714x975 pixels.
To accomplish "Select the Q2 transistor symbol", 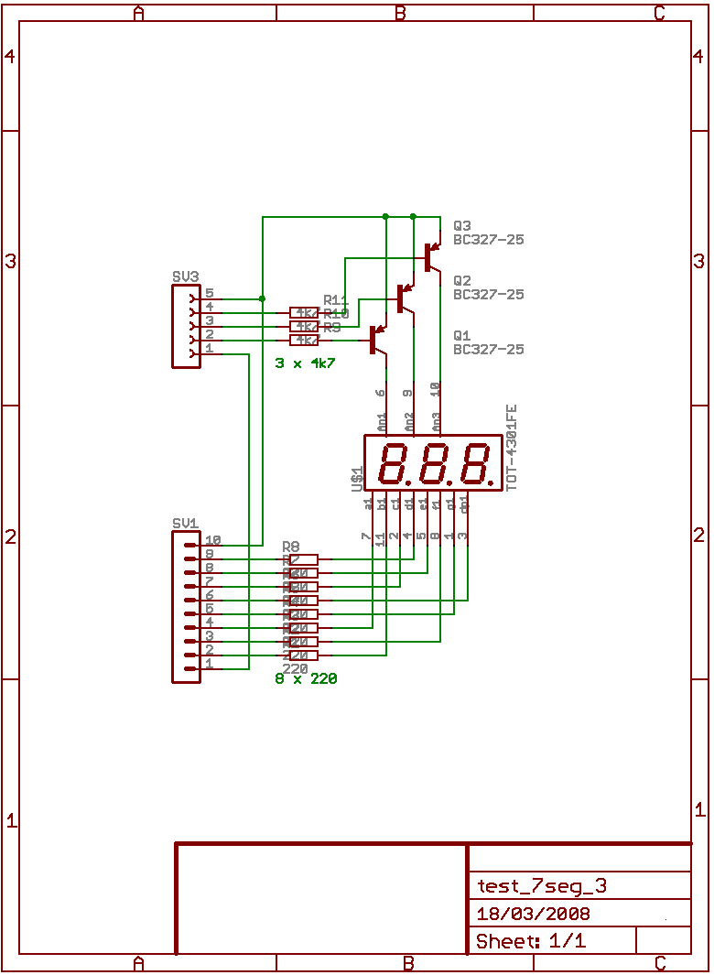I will pyautogui.click(x=403, y=297).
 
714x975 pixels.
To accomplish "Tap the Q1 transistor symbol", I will pyautogui.click(x=376, y=340).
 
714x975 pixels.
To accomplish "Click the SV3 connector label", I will pyautogui.click(x=185, y=276).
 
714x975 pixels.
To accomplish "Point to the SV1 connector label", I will pyautogui.click(x=185, y=523).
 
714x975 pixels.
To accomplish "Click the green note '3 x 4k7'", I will pyautogui.click(x=305, y=363).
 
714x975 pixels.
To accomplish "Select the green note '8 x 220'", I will pyautogui.click(x=306, y=678).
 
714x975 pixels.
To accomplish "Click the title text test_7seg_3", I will pyautogui.click(x=541, y=885).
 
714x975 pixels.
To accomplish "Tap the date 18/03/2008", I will pyautogui.click(x=533, y=914).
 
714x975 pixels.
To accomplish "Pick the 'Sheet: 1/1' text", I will pyautogui.click(x=531, y=941).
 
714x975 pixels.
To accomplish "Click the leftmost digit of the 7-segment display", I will pyautogui.click(x=395, y=463).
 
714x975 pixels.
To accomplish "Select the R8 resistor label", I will pyautogui.click(x=291, y=546).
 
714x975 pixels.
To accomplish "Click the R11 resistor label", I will pyautogui.click(x=336, y=300).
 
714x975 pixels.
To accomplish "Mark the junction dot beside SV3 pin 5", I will pyautogui.click(x=263, y=298).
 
